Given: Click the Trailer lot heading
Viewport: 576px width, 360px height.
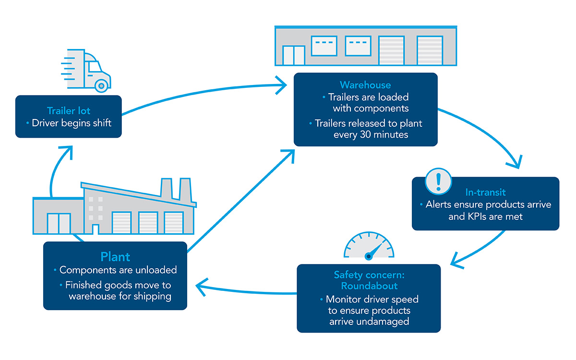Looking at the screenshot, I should (69, 110).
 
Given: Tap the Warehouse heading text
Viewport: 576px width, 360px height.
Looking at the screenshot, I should (365, 85).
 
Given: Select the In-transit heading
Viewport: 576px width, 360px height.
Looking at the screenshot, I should (485, 192).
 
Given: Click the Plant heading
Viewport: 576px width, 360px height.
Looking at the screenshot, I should (115, 256).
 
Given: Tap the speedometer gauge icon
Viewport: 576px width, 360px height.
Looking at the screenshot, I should (369, 246).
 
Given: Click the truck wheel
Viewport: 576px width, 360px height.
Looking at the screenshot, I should (101, 86).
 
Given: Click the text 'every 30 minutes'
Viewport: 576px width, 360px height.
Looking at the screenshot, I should (371, 134).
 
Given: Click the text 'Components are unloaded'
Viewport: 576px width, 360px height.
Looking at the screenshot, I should (118, 270).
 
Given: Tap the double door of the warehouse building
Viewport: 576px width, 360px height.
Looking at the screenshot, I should (293, 55).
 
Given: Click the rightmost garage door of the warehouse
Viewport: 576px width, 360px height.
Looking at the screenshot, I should (430, 50).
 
